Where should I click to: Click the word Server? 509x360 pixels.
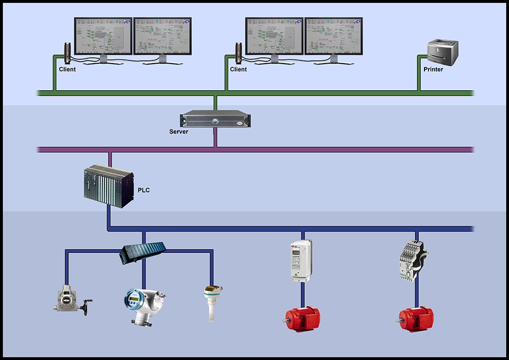tap(179, 132)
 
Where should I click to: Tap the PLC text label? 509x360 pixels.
tap(144, 190)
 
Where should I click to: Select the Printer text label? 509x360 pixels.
tap(433, 69)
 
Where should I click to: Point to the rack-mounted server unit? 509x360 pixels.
tap(215, 119)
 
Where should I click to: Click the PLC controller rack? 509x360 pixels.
tap(108, 185)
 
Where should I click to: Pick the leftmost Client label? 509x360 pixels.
tap(67, 69)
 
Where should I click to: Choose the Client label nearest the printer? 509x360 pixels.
tap(238, 69)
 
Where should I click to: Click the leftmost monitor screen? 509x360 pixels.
tap(103, 36)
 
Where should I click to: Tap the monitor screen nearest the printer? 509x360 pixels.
tap(333, 36)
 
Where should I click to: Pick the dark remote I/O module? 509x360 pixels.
tap(143, 252)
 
